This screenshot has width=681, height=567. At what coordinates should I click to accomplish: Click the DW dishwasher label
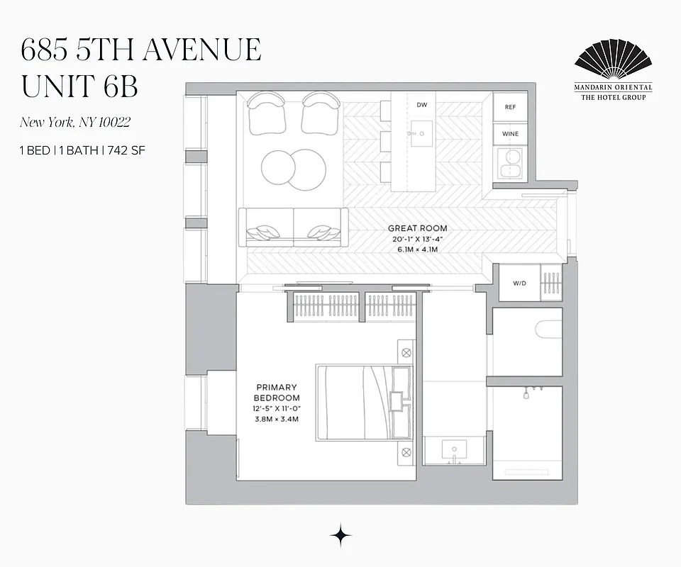[x=421, y=105]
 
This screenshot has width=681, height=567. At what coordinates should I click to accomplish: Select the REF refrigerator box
[x=510, y=107]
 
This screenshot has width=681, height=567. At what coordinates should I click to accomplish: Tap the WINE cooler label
[x=510, y=134]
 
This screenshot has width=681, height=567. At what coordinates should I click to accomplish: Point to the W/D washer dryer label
[x=519, y=283]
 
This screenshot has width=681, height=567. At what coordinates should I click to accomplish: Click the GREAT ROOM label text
[x=417, y=228]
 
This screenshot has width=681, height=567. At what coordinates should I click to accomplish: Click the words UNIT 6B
[x=79, y=86]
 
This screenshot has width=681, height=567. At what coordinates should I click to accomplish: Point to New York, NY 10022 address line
[x=74, y=122]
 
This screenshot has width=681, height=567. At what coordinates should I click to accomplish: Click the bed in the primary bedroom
[x=355, y=403]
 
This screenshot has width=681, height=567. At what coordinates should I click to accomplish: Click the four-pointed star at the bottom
[x=341, y=537]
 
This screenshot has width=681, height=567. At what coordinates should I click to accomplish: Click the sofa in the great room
[x=293, y=226]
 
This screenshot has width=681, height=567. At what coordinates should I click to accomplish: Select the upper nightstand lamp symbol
[x=406, y=352]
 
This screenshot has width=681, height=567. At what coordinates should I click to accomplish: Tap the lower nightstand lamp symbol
[x=406, y=452]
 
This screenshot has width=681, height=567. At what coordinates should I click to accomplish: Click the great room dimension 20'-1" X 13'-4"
[x=417, y=239]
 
